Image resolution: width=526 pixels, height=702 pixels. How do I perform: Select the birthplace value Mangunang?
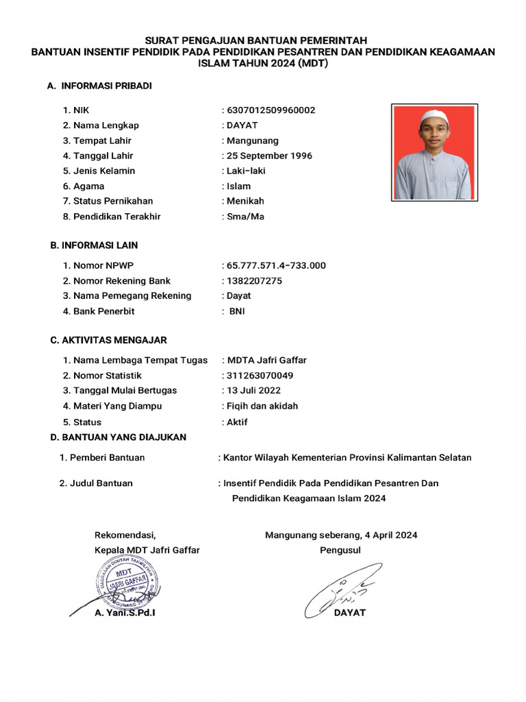pos(253,141)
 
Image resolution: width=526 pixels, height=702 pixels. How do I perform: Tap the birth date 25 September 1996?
pos(269,156)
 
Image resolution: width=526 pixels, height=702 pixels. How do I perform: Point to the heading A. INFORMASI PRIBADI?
pos(99,86)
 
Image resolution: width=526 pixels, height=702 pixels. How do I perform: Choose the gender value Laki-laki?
pos(246,171)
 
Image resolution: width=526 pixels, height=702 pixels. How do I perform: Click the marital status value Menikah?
pos(245,201)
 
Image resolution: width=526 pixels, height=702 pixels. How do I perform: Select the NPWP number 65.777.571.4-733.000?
pos(276,265)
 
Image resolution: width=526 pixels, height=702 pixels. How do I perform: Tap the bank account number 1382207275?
pos(254,280)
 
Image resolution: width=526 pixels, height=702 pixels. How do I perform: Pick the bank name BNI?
pos(237,311)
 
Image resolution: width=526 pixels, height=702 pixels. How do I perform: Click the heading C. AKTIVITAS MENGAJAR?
pos(108,340)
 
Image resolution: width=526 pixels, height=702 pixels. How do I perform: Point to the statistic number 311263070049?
pos(260,375)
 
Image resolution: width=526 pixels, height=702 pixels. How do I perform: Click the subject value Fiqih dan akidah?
pos(262,406)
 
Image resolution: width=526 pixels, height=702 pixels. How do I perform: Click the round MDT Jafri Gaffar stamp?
pos(127,583)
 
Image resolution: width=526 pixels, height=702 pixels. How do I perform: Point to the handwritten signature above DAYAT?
pos(342,588)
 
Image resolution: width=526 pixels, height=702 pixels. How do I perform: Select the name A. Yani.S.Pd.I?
pos(125,613)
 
